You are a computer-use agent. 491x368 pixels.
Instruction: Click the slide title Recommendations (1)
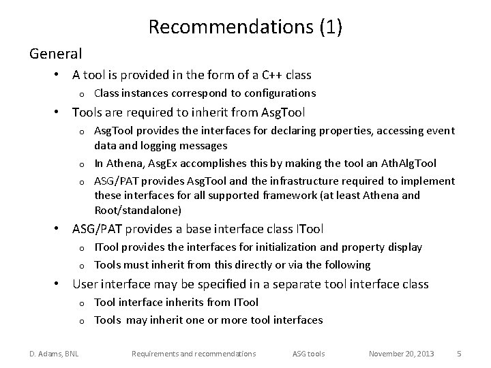coord(245,27)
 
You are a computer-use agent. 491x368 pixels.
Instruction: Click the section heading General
coord(55,53)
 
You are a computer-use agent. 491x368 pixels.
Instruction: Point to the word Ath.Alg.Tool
coord(411,164)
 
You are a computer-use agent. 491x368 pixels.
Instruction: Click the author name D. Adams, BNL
coord(53,354)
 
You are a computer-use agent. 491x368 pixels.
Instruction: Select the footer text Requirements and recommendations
coord(194,354)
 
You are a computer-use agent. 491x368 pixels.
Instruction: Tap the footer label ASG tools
coord(309,354)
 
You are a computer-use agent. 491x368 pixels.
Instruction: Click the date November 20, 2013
coord(400,354)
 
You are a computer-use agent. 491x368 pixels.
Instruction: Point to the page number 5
coord(459,354)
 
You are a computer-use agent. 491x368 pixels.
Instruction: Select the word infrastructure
coord(295,181)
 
